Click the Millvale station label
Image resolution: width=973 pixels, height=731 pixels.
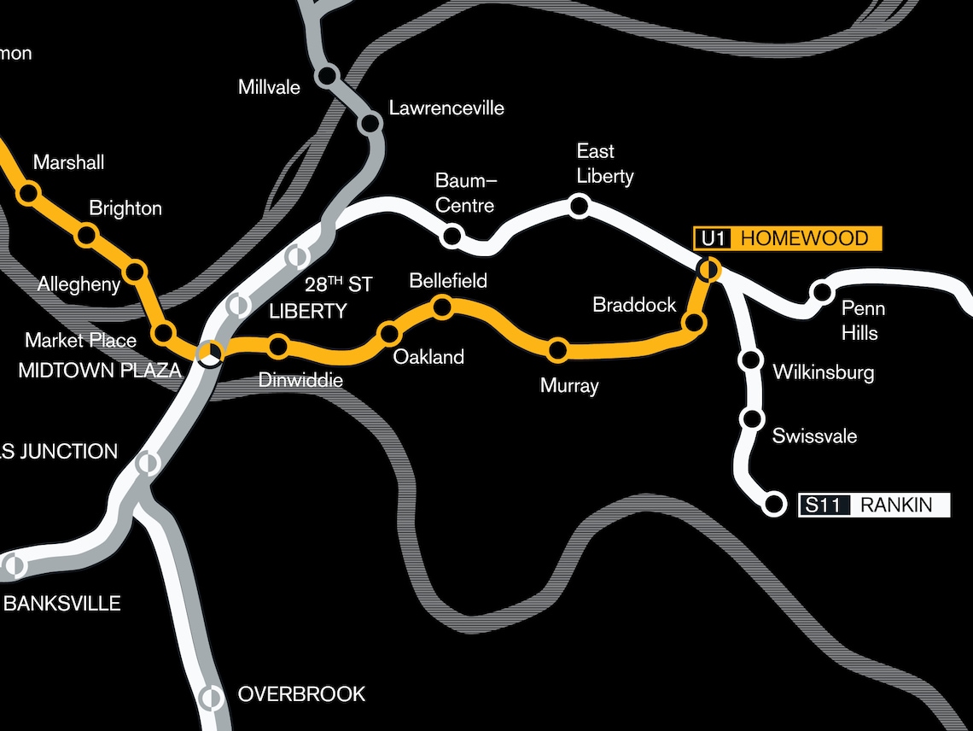(x=269, y=86)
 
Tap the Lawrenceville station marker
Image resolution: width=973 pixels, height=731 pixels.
(x=370, y=124)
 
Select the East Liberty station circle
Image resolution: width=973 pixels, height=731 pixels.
(x=580, y=206)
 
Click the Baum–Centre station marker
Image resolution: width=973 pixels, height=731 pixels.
(x=452, y=236)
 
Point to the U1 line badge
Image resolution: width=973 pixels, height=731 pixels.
(x=714, y=238)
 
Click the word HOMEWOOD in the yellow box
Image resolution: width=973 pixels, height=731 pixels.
(x=804, y=238)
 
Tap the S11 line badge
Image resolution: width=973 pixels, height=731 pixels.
(x=824, y=505)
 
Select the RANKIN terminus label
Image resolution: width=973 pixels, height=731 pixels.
(x=896, y=505)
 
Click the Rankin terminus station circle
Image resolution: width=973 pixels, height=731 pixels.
(x=774, y=505)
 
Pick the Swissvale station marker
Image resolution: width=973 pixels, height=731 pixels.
(x=752, y=418)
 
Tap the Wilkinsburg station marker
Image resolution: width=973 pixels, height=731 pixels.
(x=752, y=360)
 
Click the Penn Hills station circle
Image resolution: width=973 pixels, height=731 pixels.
(x=821, y=292)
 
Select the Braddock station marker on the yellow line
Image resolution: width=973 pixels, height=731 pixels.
(x=695, y=323)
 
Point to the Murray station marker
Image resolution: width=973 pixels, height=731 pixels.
(x=558, y=348)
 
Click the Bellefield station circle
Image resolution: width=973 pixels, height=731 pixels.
(x=442, y=306)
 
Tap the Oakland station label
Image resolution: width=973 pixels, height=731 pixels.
(x=428, y=357)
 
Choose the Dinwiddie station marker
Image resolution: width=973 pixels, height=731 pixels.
(x=278, y=346)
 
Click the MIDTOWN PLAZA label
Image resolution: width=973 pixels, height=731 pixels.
(x=100, y=371)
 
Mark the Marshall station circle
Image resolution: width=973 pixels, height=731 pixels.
(x=28, y=194)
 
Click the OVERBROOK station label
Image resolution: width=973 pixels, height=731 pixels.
(x=301, y=694)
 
